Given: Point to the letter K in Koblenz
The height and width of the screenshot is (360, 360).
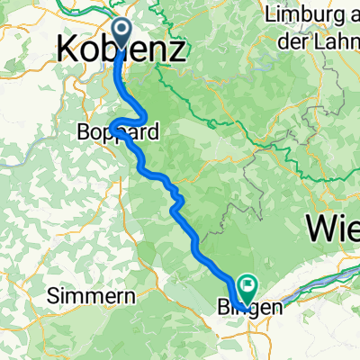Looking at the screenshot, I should click(x=66, y=49).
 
